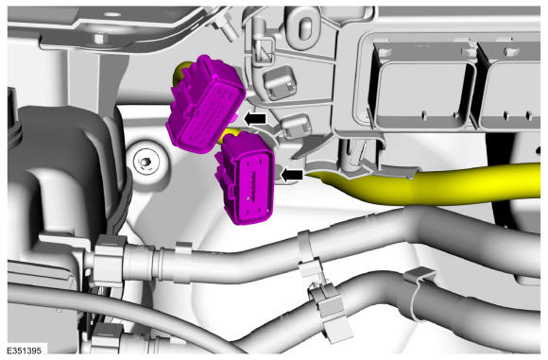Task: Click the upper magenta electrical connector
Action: [206, 103]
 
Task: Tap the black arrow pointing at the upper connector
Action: [255, 119]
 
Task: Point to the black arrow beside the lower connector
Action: [291, 175]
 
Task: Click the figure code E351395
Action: [25, 351]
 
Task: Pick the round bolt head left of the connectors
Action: [146, 163]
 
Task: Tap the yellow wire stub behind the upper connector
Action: [181, 73]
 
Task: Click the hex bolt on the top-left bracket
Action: [99, 38]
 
